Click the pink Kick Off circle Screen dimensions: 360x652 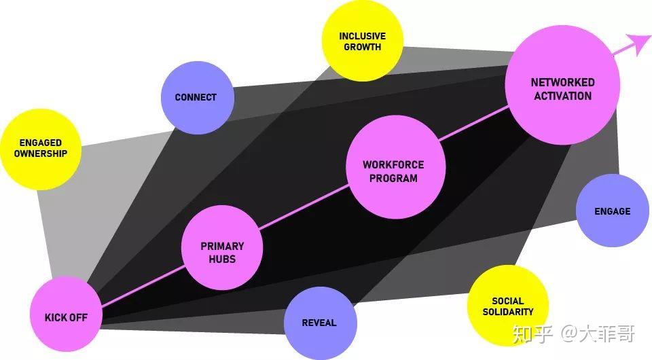67,316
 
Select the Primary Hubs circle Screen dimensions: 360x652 222,247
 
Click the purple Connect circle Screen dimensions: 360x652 197,97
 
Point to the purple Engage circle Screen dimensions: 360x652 612,211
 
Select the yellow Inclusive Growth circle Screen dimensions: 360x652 362,41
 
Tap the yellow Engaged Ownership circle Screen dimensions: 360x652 41,149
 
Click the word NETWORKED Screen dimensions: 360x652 562,82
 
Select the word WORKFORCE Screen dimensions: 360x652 393,164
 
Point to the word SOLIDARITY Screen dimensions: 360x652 508,312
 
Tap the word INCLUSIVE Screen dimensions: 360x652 362,36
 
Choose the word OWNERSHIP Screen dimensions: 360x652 41,154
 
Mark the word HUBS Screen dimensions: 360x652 222,259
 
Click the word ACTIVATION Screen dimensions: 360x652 562,96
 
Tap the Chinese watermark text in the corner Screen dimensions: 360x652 574,334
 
